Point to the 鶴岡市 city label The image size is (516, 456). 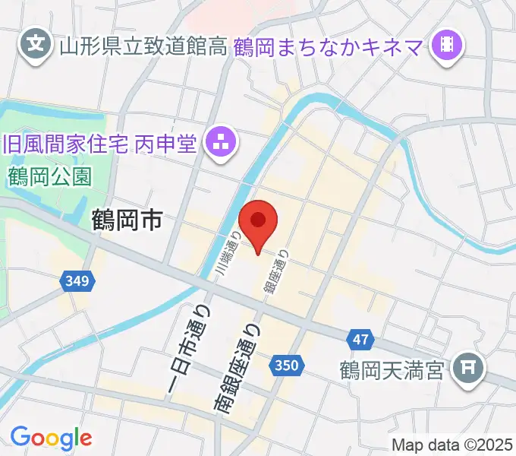tap(127, 221)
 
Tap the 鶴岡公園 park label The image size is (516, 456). tap(51, 177)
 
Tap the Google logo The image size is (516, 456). tap(51, 438)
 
